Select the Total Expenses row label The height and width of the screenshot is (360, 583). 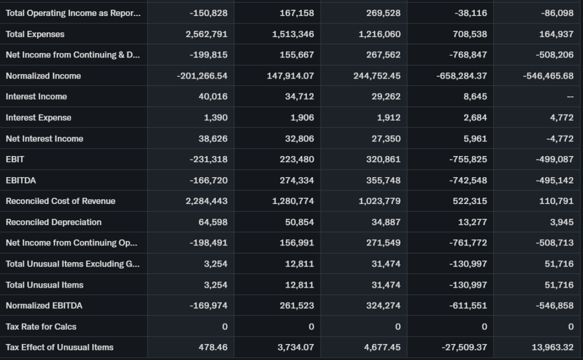[35, 34]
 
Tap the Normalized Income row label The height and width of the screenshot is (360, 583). [43, 76]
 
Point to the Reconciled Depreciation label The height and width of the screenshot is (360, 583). [54, 222]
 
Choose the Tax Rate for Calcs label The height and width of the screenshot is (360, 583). [41, 327]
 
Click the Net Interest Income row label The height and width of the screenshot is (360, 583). [44, 139]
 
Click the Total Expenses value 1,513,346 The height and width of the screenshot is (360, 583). [293, 34]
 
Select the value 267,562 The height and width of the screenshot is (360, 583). [384, 55]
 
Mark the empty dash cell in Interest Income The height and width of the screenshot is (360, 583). [569, 97]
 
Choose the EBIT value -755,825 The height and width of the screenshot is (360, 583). [468, 159]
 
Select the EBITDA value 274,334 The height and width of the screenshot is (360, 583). [297, 181]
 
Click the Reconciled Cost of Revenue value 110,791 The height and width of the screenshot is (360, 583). [556, 201]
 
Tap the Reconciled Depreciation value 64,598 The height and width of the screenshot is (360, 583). [212, 222]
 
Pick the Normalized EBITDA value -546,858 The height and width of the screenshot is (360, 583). [554, 306]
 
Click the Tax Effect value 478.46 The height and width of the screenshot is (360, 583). [212, 347]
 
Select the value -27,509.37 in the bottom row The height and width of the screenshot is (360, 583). [463, 347]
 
